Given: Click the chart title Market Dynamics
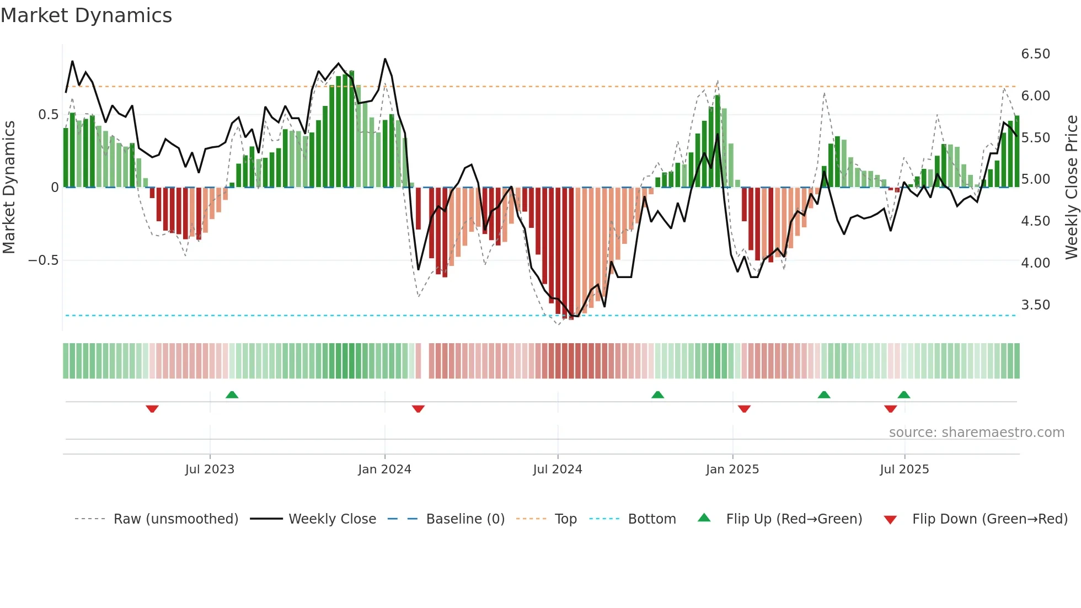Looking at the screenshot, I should coord(86,15).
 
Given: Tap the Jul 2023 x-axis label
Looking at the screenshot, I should coord(210,470).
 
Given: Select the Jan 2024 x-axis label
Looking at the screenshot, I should coord(384,470).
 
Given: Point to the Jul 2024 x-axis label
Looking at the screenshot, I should coord(557,470).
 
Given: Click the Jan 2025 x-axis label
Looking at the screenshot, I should coord(732,470).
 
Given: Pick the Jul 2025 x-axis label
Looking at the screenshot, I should coord(904,470).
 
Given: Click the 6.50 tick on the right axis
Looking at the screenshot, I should coord(1035,54).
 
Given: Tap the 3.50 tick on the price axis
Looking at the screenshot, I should coord(1035,305).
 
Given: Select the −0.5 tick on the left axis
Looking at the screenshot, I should coord(44,260).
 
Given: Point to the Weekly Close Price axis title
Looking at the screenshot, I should coord(1071,187).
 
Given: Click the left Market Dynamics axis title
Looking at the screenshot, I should coord(9,187).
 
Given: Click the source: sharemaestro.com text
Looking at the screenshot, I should coord(976,433).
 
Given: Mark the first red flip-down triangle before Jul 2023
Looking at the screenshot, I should coord(152,409).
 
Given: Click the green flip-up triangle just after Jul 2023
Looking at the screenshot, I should coord(232,394).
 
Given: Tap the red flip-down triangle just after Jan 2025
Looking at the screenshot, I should coord(744,409).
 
